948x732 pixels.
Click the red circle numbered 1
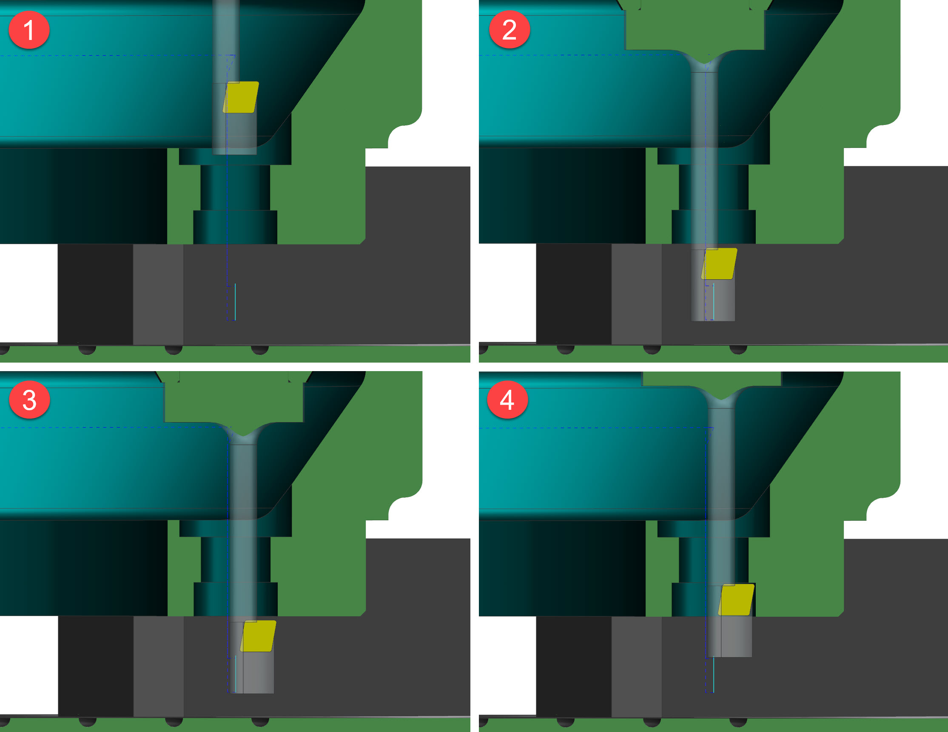click(x=29, y=30)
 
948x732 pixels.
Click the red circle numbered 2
click(x=509, y=30)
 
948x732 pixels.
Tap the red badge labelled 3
click(x=29, y=400)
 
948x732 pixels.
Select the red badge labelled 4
click(x=507, y=400)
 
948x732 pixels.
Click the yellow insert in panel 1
click(x=241, y=97)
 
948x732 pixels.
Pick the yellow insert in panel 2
click(x=719, y=264)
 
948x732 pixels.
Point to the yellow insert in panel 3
click(x=258, y=636)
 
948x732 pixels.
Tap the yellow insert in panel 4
click(x=737, y=600)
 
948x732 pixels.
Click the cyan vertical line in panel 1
click(x=235, y=302)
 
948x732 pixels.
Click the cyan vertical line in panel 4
click(x=714, y=675)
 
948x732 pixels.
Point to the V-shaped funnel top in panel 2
click(x=704, y=61)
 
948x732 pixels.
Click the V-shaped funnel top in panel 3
click(x=243, y=433)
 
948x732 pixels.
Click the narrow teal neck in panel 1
click(x=235, y=187)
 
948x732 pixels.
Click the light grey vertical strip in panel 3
click(x=159, y=667)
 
